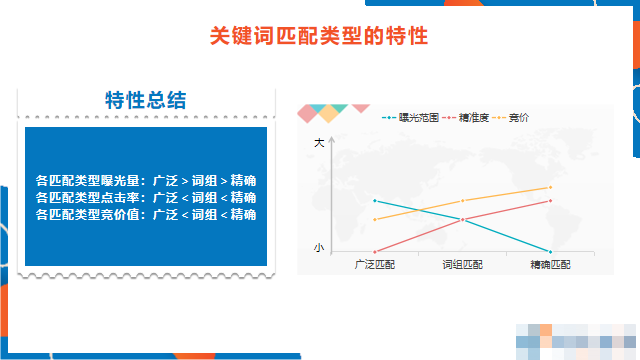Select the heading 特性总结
146,100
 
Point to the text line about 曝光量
146,181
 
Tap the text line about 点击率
146,197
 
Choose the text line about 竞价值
146,214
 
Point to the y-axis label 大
319,143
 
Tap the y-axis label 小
319,247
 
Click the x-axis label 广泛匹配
375,264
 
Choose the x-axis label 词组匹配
462,264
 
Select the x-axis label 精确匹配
550,264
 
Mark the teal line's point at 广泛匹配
374,200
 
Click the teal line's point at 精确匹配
550,251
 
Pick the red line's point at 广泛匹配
374,251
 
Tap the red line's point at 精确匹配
550,200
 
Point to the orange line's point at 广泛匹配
374,219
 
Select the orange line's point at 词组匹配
462,201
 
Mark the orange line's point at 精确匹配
550,187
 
